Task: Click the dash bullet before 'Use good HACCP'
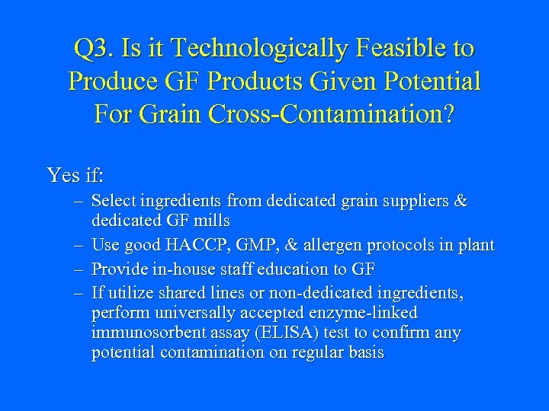coord(79,245)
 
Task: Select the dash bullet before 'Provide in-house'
coord(79,268)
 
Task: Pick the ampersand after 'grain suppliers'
coord(461,201)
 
